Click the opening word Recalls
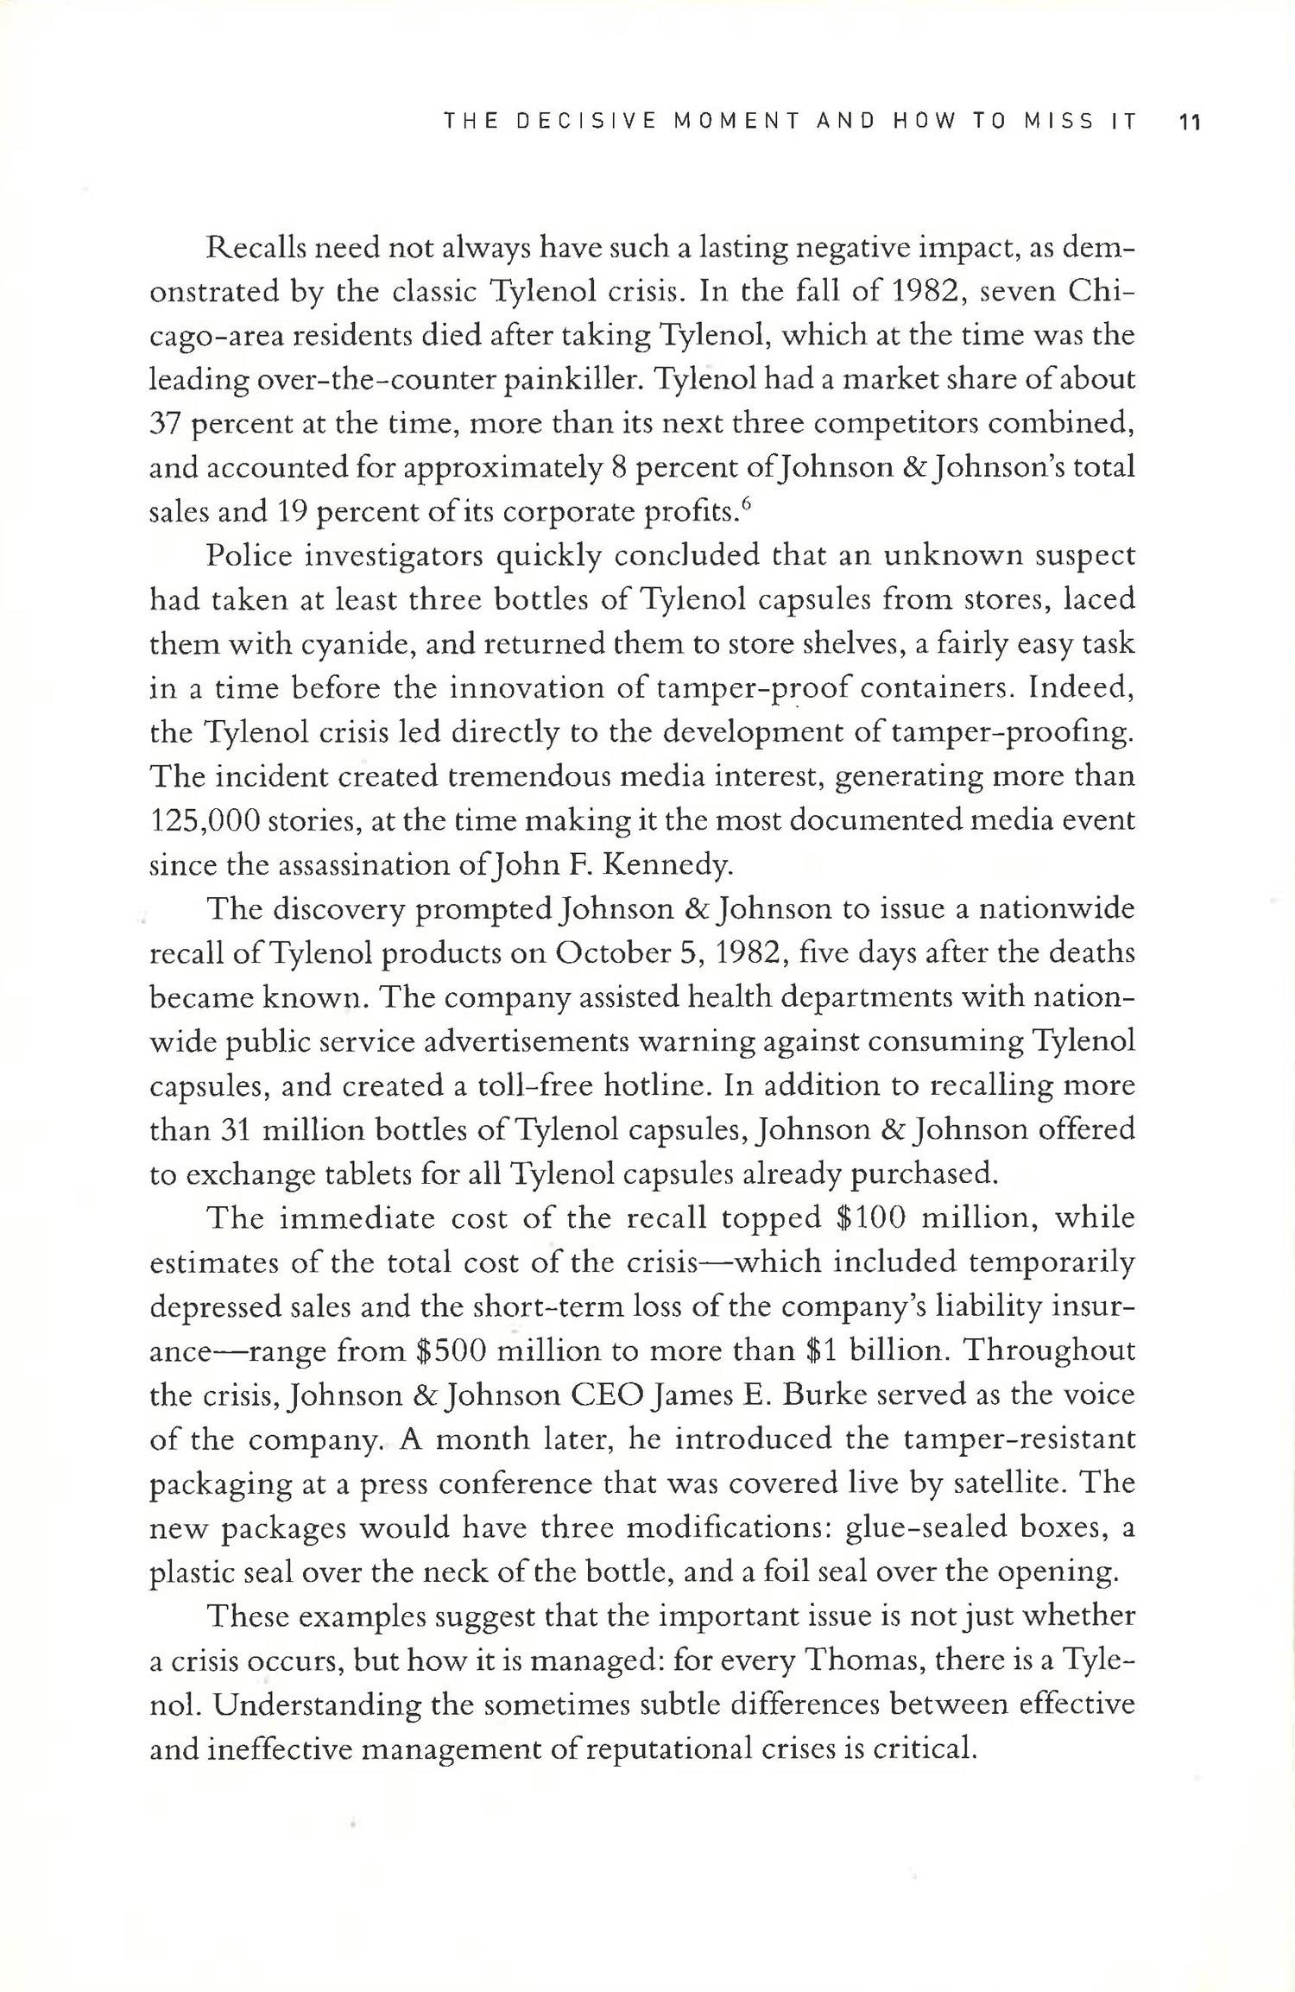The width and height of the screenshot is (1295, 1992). (x=259, y=248)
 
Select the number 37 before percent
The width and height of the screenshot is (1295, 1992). (x=163, y=424)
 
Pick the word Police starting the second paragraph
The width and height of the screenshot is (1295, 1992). (x=247, y=556)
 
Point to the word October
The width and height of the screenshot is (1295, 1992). (x=616, y=953)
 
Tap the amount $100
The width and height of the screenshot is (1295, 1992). (x=869, y=1218)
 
